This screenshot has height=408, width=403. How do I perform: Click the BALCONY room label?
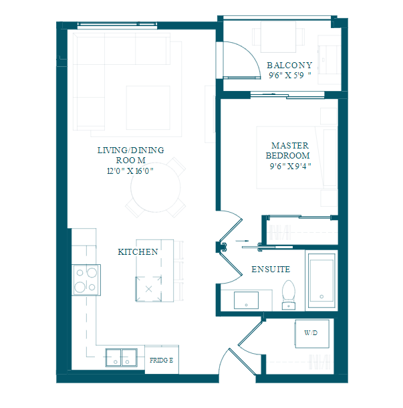tap(289, 66)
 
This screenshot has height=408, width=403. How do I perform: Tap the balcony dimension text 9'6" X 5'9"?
tap(290, 76)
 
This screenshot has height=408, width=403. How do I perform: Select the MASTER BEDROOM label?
tap(288, 150)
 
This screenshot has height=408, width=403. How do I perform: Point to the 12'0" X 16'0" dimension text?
tap(130, 171)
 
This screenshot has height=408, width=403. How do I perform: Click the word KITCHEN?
tap(138, 252)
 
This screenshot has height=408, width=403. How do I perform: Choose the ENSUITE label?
tap(271, 270)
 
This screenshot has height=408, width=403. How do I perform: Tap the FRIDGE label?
tap(161, 360)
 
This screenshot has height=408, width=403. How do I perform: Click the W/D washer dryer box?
tap(312, 334)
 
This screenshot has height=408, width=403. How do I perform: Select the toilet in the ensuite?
tap(289, 295)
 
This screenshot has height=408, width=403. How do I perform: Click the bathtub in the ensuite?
tap(321, 280)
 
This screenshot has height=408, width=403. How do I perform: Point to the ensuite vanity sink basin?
tap(246, 300)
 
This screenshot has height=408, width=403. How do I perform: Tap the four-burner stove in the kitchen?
tap(86, 280)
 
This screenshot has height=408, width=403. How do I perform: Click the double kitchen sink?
tap(122, 358)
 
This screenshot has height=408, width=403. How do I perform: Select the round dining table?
tap(156, 187)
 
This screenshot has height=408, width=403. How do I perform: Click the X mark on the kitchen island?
tap(149, 289)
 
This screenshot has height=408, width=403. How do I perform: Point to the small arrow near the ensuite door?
tap(242, 241)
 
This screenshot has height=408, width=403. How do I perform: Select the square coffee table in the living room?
tap(148, 108)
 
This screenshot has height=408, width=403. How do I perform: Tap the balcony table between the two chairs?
tap(278, 37)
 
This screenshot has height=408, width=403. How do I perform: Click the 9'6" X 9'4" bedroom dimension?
tap(290, 166)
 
